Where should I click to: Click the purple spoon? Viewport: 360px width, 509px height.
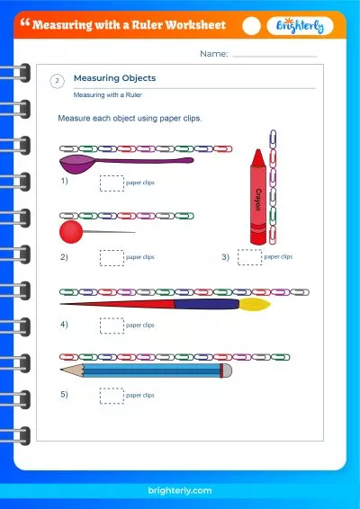[81, 164]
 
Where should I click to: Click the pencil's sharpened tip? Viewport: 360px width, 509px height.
[62, 370]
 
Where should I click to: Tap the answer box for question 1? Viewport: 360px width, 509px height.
[112, 183]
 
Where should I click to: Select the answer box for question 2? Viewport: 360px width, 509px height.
[112, 257]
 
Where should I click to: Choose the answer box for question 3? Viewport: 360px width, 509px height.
[249, 257]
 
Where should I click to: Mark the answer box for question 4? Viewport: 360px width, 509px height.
[112, 325]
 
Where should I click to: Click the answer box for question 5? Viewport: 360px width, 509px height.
[112, 395]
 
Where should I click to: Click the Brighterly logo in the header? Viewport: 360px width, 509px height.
[301, 26]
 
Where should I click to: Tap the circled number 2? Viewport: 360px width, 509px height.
[58, 82]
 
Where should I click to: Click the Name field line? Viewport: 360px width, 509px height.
[274, 56]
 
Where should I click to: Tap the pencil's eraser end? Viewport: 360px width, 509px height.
[227, 370]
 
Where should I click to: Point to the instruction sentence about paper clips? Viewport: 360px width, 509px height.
[130, 119]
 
